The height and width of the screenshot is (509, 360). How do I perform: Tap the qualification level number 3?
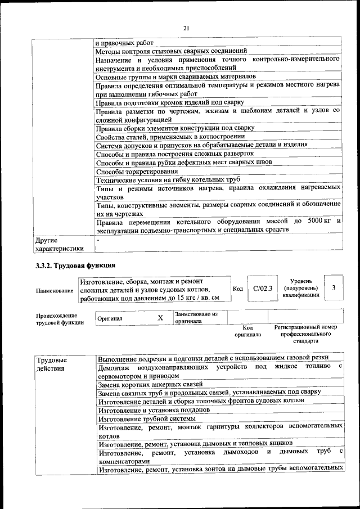click(334, 288)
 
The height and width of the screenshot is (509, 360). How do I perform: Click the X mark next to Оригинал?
click(160, 318)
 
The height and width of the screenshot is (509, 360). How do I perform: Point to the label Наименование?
click(55, 291)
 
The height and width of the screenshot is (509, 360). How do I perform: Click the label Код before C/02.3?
click(238, 289)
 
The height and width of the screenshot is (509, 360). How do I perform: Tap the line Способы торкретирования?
click(137, 171)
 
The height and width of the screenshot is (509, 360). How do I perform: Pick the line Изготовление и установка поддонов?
click(154, 409)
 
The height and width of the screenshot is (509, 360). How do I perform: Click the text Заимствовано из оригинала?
click(196, 317)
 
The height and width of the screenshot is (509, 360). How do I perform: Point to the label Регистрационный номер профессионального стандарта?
click(305, 334)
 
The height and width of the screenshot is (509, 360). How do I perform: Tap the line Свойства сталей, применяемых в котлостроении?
click(174, 136)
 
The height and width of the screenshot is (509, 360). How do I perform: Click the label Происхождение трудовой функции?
click(60, 319)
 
